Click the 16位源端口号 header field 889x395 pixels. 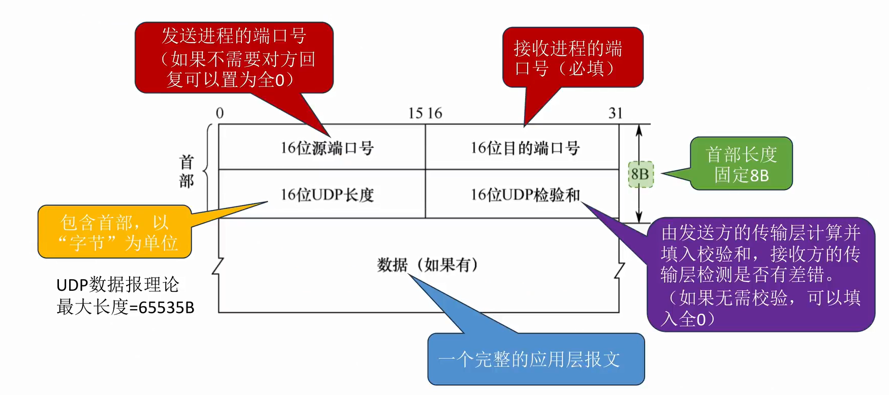coord(327,148)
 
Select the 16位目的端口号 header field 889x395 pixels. coord(525,148)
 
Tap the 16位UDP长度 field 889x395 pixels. coord(327,195)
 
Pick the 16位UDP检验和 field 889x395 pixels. coord(525,195)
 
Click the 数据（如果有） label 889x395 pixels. coord(427,265)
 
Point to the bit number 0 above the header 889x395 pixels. coord(220,113)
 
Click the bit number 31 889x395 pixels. coord(615,113)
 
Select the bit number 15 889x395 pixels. coord(415,113)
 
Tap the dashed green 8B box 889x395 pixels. coord(640,174)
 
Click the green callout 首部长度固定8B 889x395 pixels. coord(741,164)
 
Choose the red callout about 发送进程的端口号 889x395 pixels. coord(234,57)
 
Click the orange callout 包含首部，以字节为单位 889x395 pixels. coord(115,232)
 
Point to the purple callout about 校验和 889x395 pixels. coord(760,275)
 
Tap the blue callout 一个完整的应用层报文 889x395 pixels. coord(536,359)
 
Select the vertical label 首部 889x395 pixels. coord(187,171)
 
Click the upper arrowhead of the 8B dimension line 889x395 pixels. coord(639,129)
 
